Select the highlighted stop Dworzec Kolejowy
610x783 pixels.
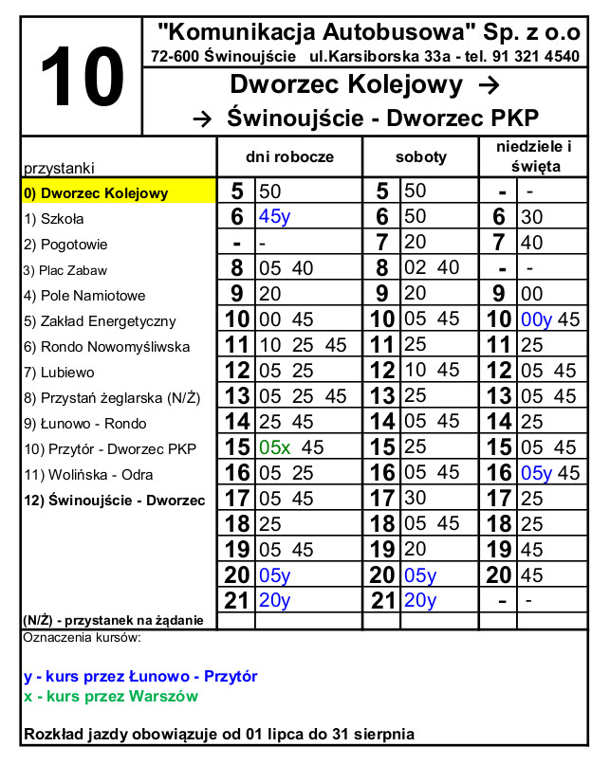(96, 193)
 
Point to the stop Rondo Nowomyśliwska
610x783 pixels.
(106, 347)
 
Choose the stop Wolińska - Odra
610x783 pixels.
(88, 475)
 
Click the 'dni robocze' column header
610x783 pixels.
(289, 156)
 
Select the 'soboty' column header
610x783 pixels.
(420, 156)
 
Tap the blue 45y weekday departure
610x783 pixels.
(274, 217)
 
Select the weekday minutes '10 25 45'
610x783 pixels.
(303, 345)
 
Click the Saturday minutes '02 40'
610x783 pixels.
(432, 268)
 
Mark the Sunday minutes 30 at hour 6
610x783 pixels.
(531, 217)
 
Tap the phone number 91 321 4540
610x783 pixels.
(539, 57)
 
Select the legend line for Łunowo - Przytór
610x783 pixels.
(140, 677)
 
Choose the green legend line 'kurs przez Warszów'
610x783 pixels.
(111, 697)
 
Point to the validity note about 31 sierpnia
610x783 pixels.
(218, 734)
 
